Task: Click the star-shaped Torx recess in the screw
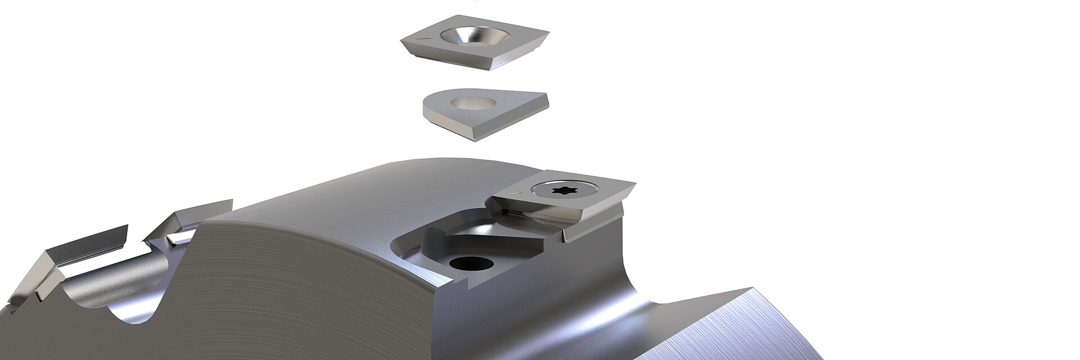pyautogui.click(x=562, y=191)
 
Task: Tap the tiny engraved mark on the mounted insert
pyautogui.click(x=512, y=194)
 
